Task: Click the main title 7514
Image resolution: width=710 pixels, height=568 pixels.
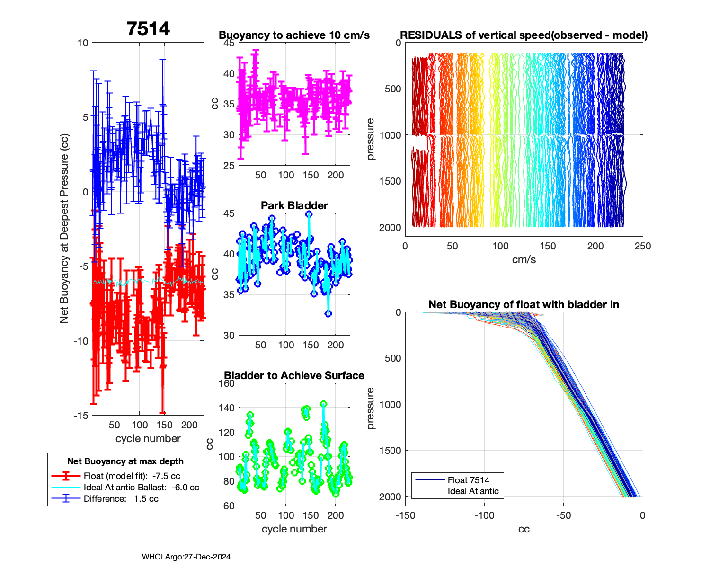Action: [148, 29]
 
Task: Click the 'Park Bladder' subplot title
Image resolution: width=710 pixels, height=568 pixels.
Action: [294, 205]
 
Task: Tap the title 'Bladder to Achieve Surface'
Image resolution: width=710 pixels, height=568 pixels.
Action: [294, 375]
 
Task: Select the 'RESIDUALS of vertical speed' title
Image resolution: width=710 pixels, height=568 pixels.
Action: [524, 35]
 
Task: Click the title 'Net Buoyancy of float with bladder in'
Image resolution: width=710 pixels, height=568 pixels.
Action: [524, 304]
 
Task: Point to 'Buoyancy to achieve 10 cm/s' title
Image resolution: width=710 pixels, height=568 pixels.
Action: [294, 35]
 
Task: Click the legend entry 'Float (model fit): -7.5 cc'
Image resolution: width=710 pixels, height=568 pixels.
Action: [132, 476]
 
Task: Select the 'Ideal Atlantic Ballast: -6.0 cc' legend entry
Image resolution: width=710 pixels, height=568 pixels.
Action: [141, 487]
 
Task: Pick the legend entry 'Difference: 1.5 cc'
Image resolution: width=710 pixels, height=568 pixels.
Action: [121, 498]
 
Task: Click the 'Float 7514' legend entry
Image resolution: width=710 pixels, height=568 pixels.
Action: [468, 480]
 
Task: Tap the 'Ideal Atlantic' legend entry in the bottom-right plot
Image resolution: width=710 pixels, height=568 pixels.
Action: [473, 491]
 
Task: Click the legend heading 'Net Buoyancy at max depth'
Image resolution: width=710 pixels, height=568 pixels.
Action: [125, 461]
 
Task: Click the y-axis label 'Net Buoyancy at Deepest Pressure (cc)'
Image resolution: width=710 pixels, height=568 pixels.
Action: [64, 229]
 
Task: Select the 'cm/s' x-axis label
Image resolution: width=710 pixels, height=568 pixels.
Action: [524, 259]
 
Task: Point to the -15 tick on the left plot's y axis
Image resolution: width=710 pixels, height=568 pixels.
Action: [80, 415]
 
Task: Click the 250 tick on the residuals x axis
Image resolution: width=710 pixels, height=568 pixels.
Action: [642, 246]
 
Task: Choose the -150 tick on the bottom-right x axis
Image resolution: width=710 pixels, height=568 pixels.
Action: [405, 515]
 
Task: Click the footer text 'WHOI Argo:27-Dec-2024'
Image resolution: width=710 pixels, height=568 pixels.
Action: [186, 557]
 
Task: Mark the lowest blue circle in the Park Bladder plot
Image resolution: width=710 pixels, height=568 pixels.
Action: [328, 313]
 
